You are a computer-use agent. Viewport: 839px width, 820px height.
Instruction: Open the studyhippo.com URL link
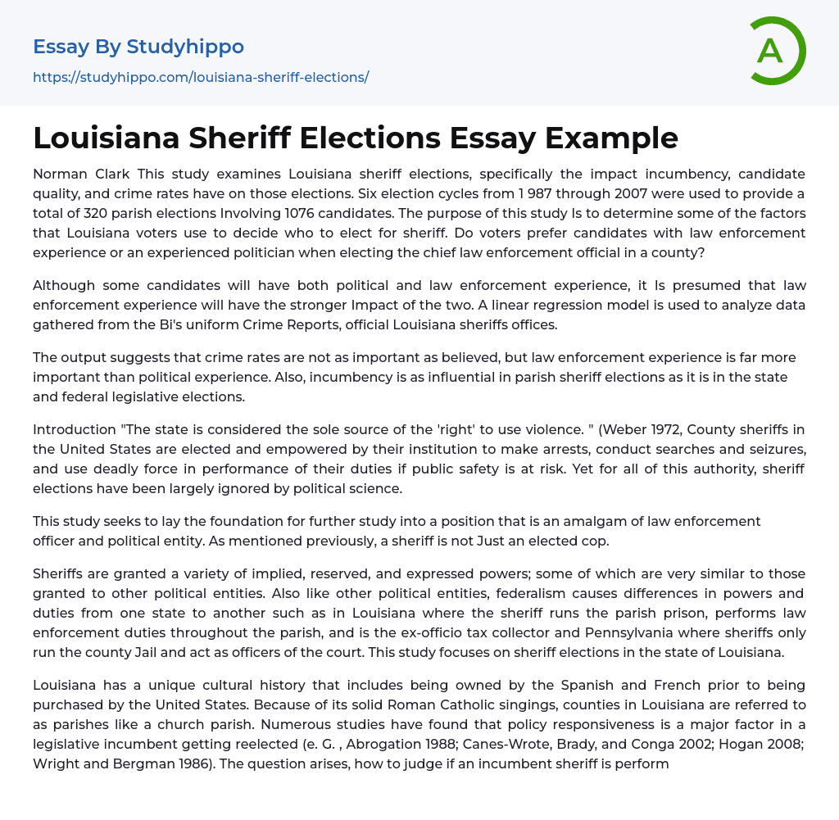pos(201,77)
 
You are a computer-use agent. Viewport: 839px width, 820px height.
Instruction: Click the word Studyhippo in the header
pos(185,47)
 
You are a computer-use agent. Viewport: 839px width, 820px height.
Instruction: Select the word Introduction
pos(72,429)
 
